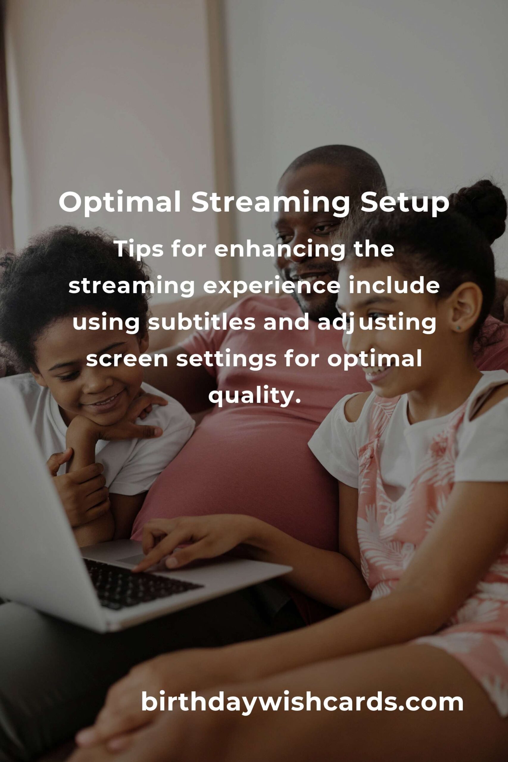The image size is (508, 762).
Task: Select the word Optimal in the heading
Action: [120, 202]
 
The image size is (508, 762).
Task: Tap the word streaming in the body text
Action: [131, 287]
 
